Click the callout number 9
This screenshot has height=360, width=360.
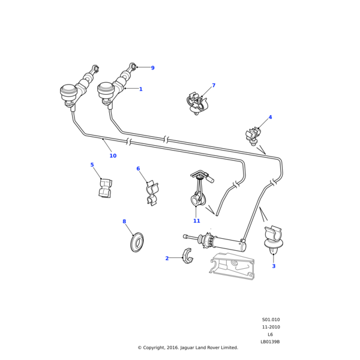[x=152, y=68]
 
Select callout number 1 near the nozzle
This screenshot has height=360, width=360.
[x=141, y=89]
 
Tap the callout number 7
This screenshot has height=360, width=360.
[x=213, y=86]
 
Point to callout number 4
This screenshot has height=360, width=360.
[x=270, y=118]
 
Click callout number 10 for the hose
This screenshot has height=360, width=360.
[x=113, y=156]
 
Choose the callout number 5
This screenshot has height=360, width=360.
[x=92, y=165]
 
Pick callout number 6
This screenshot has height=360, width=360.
[x=138, y=169]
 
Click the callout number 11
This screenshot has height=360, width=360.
[x=196, y=221]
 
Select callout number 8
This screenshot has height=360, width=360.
[x=124, y=221]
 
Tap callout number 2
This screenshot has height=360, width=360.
[x=167, y=259]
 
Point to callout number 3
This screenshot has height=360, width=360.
[x=274, y=266]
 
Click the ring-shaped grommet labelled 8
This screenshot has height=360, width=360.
[x=137, y=242]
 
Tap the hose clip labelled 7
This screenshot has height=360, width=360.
[x=197, y=103]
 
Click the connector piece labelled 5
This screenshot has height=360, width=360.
[x=106, y=188]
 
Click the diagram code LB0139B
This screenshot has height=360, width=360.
[x=270, y=342]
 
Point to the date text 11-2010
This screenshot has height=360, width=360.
[x=271, y=327]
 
